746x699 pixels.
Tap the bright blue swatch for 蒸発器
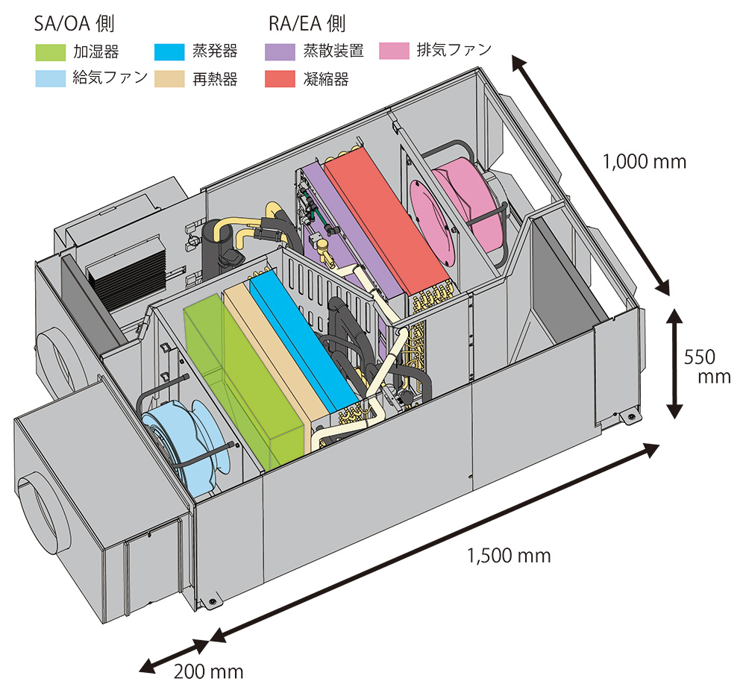point(169,52)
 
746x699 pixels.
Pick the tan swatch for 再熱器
point(169,78)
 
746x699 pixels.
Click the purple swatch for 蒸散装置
point(280,52)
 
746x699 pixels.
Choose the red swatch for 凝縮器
point(280,78)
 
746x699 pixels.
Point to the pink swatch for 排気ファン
point(394,52)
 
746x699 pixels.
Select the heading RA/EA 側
point(307,24)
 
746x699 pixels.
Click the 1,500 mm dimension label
point(509,556)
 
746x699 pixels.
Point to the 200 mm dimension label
point(209,671)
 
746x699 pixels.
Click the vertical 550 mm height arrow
point(674,364)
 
